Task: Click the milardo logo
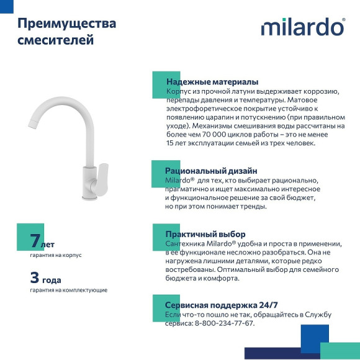click(302, 27)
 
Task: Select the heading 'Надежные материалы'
click(212, 82)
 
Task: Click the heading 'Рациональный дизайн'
click(211, 171)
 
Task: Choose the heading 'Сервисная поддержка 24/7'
click(222, 305)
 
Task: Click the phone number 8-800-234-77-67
click(225, 323)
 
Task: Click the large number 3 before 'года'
click(35, 277)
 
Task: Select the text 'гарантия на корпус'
click(56, 255)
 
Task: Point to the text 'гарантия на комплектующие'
click(68, 290)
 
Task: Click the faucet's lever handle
click(99, 175)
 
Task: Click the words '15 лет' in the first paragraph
click(176, 143)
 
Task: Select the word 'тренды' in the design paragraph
click(253, 207)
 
